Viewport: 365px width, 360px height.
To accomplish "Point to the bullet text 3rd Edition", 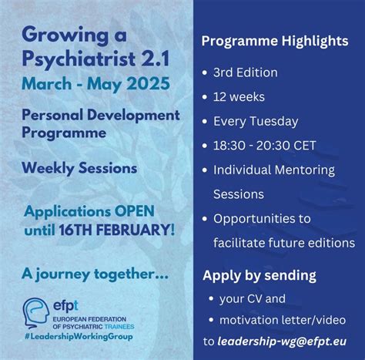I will pos(250,72).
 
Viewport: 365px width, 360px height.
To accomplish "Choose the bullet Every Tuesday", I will pos(260,122).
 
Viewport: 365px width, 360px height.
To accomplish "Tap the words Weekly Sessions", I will pos(80,167).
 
